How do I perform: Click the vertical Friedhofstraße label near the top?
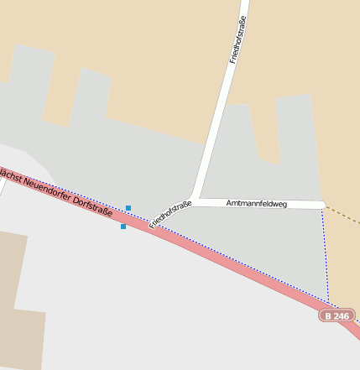tap(238, 40)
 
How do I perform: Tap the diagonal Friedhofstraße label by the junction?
tap(171, 216)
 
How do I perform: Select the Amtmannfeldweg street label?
tap(257, 203)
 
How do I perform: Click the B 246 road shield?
tap(336, 315)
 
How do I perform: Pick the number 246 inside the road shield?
tap(340, 315)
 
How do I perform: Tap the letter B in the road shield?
tap(327, 315)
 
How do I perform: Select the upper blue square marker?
tap(128, 207)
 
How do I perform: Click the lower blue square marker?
tap(123, 227)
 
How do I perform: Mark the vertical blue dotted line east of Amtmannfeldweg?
tap(325, 252)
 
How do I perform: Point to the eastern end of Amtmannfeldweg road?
tap(321, 205)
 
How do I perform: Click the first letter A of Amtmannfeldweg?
tap(229, 203)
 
